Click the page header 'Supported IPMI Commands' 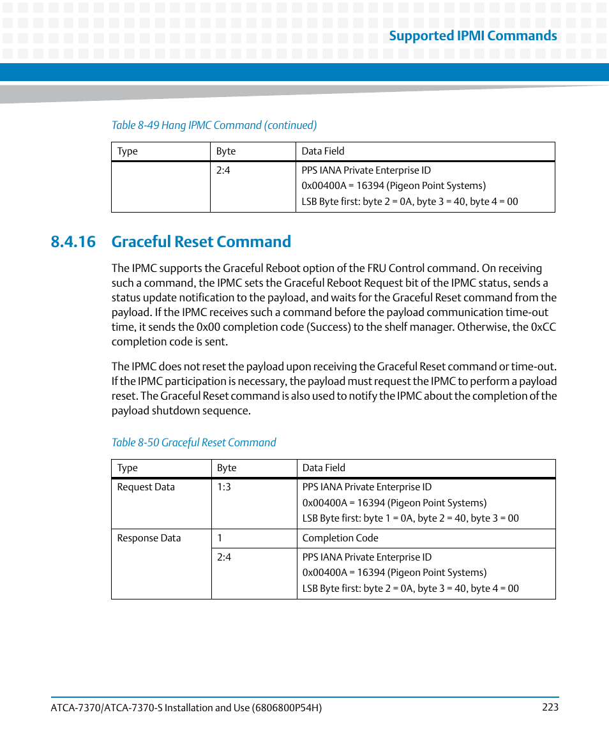point(472,36)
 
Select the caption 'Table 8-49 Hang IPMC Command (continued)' point(214,125)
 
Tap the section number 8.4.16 point(73,241)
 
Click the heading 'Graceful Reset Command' point(201,241)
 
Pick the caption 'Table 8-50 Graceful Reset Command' point(193,442)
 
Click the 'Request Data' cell point(146,487)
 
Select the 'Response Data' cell point(149,538)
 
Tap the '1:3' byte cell point(224,487)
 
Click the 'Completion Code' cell point(340,538)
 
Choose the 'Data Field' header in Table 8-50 point(324,468)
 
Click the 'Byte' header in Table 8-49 point(226,151)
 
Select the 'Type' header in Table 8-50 point(127,468)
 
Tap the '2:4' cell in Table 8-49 point(223,170)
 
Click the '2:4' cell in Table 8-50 point(223,557)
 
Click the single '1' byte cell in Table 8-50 point(220,538)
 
